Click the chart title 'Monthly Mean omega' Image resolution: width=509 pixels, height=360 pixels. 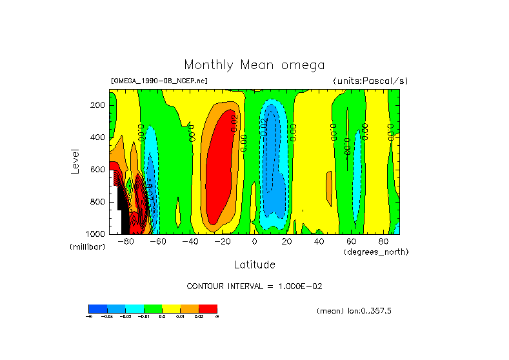click(254, 65)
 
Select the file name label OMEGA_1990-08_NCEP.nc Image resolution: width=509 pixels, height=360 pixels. click(159, 81)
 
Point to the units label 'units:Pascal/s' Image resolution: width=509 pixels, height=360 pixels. click(370, 81)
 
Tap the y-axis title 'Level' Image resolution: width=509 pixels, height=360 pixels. click(75, 161)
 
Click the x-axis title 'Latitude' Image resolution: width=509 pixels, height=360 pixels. click(254, 265)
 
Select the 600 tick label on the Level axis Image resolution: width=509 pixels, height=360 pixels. click(98, 170)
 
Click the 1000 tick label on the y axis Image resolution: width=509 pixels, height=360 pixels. click(96, 234)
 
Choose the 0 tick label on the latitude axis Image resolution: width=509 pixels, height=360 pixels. click(255, 241)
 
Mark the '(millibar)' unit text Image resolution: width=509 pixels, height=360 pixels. click(87, 247)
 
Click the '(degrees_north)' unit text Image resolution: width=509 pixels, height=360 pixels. click(376, 251)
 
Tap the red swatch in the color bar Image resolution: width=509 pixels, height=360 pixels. click(208, 309)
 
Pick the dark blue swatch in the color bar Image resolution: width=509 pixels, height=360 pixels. click(97, 309)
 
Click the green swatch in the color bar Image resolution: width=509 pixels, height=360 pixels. click(153, 309)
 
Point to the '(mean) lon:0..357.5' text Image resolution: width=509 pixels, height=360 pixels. click(354, 311)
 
